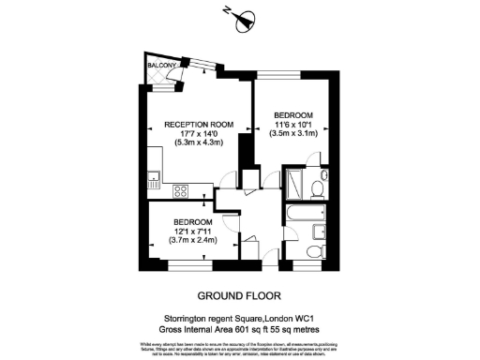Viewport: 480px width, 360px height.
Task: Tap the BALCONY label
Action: pyautogui.click(x=162, y=66)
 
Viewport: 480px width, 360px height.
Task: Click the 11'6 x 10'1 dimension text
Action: pyautogui.click(x=293, y=125)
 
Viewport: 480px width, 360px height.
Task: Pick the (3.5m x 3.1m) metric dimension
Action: pyautogui.click(x=293, y=134)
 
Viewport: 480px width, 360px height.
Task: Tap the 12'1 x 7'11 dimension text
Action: pyautogui.click(x=191, y=232)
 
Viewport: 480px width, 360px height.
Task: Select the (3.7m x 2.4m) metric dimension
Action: pyautogui.click(x=191, y=241)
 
